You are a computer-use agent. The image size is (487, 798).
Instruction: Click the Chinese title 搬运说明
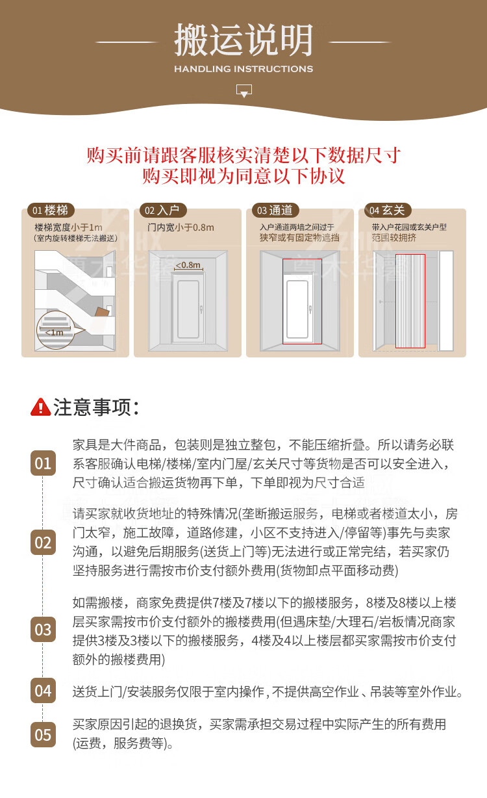coord(243,40)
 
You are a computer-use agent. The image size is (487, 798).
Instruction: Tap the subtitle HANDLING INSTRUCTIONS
coord(243,69)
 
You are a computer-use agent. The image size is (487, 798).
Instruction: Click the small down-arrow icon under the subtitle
coord(244,91)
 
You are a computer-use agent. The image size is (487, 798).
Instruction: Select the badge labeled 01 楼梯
coord(51,210)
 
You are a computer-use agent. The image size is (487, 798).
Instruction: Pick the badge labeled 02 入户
coord(163,210)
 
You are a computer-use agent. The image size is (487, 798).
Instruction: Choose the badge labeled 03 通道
coord(275,210)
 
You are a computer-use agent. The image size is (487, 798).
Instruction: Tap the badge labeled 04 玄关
coord(388,210)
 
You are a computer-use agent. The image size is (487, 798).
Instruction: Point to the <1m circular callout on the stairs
coord(55,330)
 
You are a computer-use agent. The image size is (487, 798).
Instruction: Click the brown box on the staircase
coord(102,312)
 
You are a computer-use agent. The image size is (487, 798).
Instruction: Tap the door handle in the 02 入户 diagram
coord(201,309)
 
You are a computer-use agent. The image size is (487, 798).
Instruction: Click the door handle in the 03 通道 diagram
coord(310,309)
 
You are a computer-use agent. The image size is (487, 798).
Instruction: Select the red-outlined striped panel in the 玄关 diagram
coord(410,301)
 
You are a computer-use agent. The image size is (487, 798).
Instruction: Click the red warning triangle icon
coord(40,407)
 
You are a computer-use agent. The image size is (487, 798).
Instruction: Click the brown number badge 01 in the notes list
coord(43,463)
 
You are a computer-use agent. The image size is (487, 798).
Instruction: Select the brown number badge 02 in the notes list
coord(43,542)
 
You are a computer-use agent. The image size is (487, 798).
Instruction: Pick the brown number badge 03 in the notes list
coord(43,630)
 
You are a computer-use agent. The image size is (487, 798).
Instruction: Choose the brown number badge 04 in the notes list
coord(43,691)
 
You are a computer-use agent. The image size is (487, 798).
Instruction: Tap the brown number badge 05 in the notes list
coord(43,735)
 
